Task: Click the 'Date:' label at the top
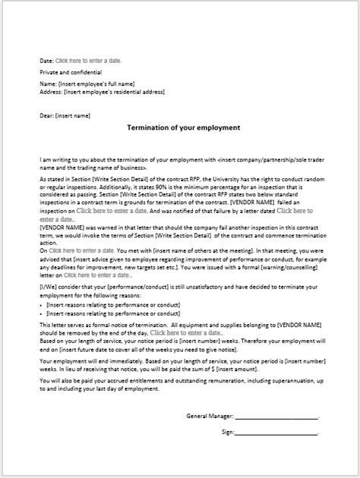tap(46, 60)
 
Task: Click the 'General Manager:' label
tap(210, 416)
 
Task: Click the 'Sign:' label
tap(228, 432)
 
